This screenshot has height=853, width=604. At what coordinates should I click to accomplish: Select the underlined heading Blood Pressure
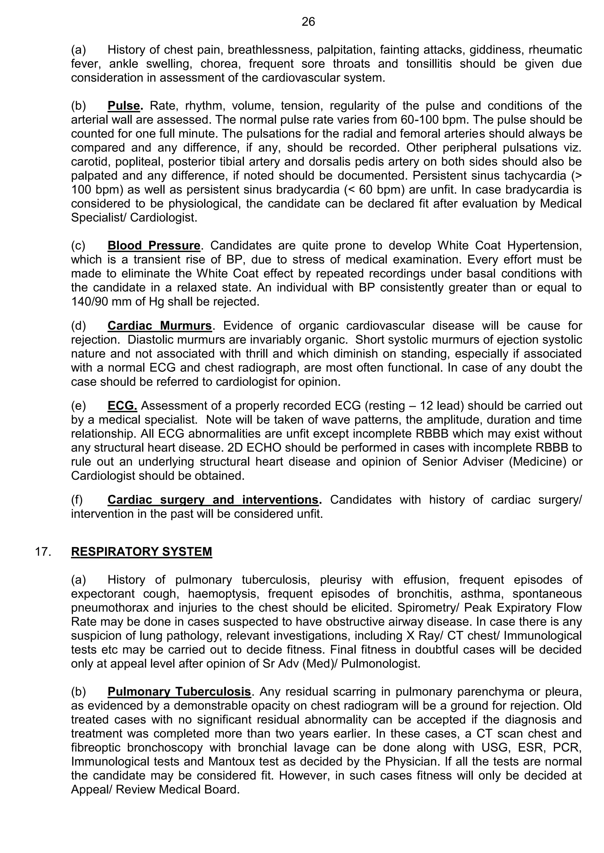154,246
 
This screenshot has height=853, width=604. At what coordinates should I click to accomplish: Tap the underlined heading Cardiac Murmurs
160,326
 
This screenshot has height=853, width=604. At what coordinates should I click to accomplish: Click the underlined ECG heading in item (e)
122,406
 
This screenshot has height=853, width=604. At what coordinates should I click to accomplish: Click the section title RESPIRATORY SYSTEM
141,551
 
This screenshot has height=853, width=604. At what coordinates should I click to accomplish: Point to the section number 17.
43,551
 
